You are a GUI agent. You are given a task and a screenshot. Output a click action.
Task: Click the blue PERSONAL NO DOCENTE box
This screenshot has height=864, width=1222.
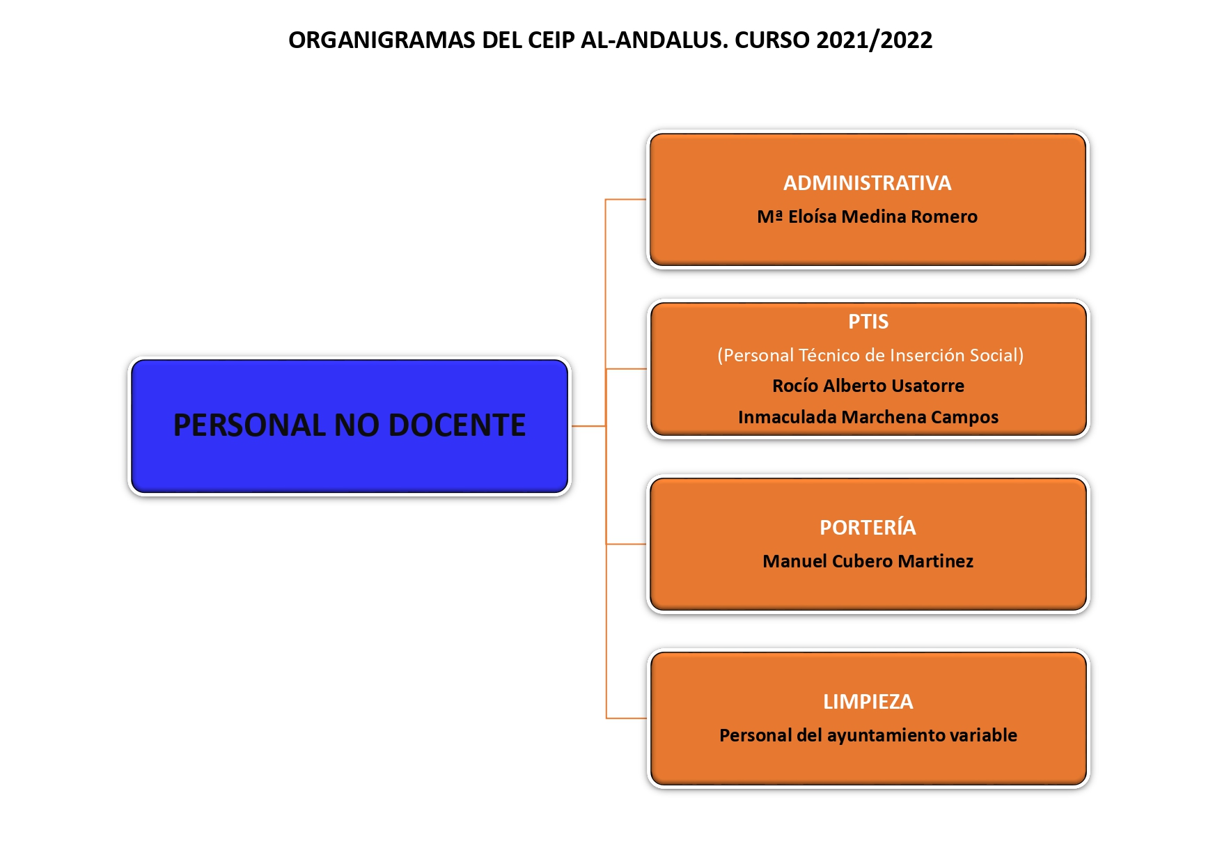(350, 426)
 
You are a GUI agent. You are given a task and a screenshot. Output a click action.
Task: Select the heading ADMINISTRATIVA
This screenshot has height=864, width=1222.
(867, 183)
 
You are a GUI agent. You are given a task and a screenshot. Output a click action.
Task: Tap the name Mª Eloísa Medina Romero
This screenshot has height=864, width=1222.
(867, 217)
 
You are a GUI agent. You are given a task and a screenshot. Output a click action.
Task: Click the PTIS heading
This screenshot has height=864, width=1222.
(868, 322)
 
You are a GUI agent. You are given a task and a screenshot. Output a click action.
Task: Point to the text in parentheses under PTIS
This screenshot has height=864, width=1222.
(870, 355)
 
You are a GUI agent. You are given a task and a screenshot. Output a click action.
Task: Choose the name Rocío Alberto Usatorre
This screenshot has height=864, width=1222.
(868, 386)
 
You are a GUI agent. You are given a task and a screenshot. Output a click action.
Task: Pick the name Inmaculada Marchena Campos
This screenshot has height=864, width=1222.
(868, 417)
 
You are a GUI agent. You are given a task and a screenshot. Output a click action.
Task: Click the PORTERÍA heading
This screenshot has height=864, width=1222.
(868, 527)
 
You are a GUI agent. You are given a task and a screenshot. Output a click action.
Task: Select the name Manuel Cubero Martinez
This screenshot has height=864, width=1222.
(868, 561)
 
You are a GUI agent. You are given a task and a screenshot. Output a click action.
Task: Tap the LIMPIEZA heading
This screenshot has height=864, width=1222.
(868, 702)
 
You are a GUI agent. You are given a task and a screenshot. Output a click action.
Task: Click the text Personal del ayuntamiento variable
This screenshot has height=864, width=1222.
(868, 735)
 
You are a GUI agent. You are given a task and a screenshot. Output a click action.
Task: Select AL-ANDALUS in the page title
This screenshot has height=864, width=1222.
(654, 40)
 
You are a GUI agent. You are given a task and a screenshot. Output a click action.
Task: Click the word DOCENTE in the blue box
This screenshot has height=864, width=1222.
(457, 425)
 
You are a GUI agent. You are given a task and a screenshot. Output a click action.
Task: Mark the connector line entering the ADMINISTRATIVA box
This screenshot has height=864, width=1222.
(626, 200)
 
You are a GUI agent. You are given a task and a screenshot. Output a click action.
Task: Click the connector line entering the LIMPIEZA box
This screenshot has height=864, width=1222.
(627, 718)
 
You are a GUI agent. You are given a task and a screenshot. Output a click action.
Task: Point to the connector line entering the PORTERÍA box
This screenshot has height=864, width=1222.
(627, 544)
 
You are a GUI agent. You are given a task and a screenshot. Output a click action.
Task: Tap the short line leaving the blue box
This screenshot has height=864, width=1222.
(588, 426)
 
